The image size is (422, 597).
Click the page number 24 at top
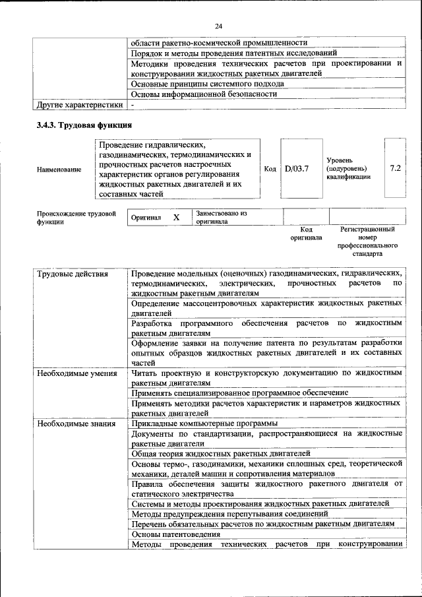tap(218, 26)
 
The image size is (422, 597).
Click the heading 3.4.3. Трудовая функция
tap(84, 125)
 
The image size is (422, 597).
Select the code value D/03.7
tap(297, 168)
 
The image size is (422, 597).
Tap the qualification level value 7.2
tap(395, 168)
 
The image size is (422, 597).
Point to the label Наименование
tap(59, 170)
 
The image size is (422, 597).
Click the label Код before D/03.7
tap(270, 169)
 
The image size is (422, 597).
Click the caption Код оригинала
tap(307, 233)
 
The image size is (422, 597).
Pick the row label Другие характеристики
tap(79, 104)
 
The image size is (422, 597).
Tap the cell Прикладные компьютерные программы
tap(204, 424)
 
